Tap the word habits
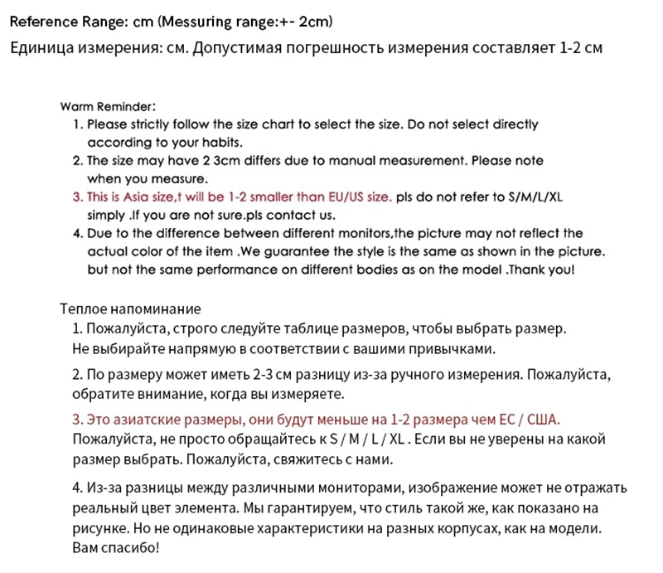tap(219, 143)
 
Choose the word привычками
tap(457, 347)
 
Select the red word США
tap(552, 418)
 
